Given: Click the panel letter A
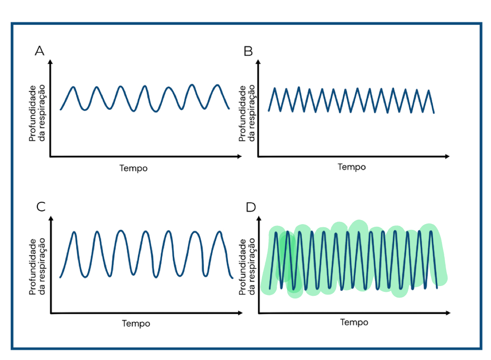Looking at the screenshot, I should coord(40,51).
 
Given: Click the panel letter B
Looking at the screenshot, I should coord(248,51).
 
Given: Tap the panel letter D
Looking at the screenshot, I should coord(251,207).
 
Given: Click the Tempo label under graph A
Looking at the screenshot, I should coord(134,168).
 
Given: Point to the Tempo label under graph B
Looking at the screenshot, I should coord(352,167).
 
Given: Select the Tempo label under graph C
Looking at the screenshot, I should coord(136,324).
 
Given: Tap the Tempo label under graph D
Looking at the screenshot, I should coord(354,322).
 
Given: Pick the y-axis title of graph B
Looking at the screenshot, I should coord(247,113).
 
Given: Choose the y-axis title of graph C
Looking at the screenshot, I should coord(37,267).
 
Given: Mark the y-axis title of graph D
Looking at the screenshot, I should coord(247,267).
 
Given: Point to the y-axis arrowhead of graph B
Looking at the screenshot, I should coord(259,62).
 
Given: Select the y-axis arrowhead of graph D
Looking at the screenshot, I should coord(259,219).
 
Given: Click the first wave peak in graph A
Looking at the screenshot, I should coord(73,87).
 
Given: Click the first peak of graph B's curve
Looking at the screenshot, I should coord(275,88).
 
